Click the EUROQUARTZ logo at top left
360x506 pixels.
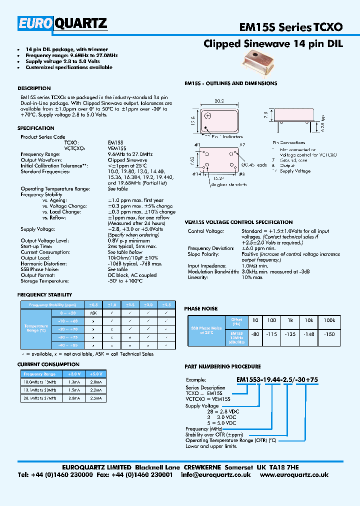pyautogui.click(x=62, y=23)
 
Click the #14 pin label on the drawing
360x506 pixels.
pyautogui.click(x=197, y=174)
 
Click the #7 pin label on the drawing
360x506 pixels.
pyautogui.click(x=241, y=145)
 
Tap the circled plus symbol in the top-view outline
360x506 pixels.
pyautogui.click(x=208, y=116)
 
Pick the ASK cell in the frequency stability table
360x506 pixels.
pyautogui.click(x=93, y=312)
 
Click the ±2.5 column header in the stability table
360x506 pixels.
pyautogui.click(x=166, y=304)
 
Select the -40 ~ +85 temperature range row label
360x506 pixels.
pyautogui.click(x=67, y=345)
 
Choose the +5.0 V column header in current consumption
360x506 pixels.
pyautogui.click(x=95, y=373)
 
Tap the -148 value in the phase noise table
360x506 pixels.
pyautogui.click(x=310, y=334)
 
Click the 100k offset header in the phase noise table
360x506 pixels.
pyautogui.click(x=329, y=319)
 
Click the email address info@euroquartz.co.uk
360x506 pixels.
pyautogui.click(x=216, y=475)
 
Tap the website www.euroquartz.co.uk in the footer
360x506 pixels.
pyautogui.click(x=294, y=475)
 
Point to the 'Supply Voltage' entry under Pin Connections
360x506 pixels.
pyautogui.click(x=295, y=171)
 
